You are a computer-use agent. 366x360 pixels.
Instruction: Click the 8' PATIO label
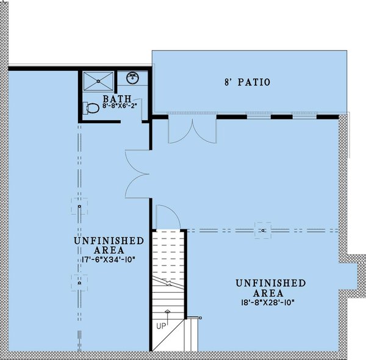pos(246,82)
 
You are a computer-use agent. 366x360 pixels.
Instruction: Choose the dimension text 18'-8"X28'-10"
pos(271,301)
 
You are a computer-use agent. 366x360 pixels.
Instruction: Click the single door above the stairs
pos(167,217)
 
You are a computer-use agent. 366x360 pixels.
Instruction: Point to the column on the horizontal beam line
pos(263,230)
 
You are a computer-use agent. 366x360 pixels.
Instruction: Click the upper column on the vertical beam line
pos(79,206)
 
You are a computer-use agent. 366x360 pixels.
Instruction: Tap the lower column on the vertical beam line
pos(79,282)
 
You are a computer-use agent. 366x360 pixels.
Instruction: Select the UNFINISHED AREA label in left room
pos(109,245)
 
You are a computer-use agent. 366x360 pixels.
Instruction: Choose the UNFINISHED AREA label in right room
pos(271,287)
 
